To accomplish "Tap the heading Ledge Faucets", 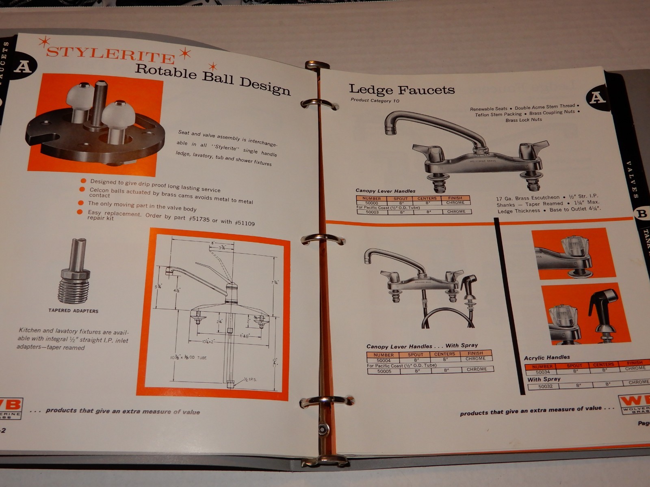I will click(402, 89).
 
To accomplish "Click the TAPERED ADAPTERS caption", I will click(74, 310).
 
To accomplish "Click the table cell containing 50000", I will click(371, 203).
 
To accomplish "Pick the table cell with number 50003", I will click(372, 212).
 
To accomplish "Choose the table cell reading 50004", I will click(383, 360).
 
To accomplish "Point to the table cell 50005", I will click(384, 371).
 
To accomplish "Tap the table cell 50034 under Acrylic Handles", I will click(542, 372).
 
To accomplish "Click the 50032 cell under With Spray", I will click(545, 386).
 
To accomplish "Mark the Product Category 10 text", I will click(375, 100).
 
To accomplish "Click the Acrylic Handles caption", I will click(547, 358).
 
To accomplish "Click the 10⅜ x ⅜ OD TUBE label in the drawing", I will click(188, 358).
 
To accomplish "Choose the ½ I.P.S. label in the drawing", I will click(251, 379).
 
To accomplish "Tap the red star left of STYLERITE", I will click(42, 42).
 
